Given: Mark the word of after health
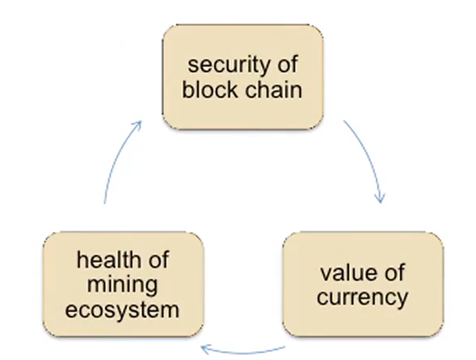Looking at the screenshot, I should coord(157,260).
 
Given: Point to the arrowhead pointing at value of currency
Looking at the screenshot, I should coord(381,198).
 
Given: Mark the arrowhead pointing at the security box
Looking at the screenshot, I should coord(138,124).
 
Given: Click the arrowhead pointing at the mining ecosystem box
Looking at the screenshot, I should coord(207,349).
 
